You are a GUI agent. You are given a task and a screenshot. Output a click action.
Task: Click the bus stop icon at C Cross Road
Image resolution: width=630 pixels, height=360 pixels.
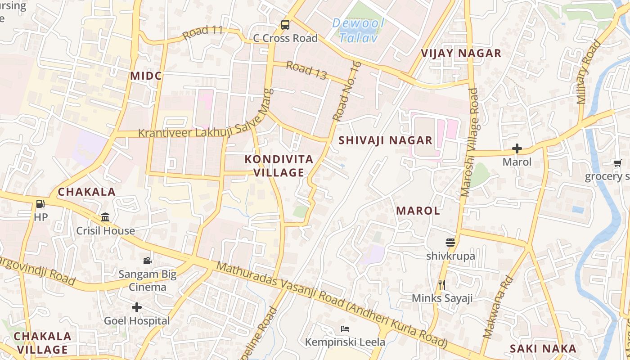[x=285, y=25]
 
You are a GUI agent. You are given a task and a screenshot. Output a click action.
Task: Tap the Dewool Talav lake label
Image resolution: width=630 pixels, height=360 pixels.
[x=358, y=30]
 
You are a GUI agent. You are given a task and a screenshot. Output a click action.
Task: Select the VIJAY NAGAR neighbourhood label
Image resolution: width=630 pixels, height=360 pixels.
[x=461, y=53]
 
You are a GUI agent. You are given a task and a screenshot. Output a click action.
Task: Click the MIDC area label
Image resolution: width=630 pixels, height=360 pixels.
[x=146, y=76]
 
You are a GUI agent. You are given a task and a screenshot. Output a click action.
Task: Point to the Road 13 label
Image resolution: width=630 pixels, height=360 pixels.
[x=306, y=71]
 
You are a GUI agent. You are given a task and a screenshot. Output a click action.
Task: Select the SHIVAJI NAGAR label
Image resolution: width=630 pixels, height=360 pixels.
[x=385, y=140]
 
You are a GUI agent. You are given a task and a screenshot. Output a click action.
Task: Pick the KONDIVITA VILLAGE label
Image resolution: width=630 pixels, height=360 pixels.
[x=279, y=166]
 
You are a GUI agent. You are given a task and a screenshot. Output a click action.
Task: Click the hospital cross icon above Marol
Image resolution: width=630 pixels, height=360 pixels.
[x=517, y=148]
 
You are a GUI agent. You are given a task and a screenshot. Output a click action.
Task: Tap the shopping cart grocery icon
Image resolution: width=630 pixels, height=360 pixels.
[x=617, y=163]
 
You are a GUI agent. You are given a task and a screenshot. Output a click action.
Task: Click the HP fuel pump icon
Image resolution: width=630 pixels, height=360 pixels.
[x=40, y=204]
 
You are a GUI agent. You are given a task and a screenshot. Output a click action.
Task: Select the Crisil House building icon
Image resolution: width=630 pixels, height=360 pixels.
[x=105, y=217]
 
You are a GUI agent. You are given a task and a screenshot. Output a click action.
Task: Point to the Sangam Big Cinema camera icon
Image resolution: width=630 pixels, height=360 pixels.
[x=147, y=261]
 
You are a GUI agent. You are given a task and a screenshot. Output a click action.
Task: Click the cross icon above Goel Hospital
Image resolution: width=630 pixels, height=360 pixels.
[x=137, y=307]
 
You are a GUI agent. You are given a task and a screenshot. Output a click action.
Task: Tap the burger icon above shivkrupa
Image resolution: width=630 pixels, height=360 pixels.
[x=450, y=243]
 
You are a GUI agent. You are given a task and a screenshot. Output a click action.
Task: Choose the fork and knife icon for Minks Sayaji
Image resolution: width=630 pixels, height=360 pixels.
[x=442, y=284]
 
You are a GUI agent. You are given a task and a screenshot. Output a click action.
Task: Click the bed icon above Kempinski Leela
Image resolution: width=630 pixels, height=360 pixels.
[x=345, y=328]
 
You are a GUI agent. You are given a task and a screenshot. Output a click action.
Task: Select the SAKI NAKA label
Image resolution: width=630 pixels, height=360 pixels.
[x=543, y=348]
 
